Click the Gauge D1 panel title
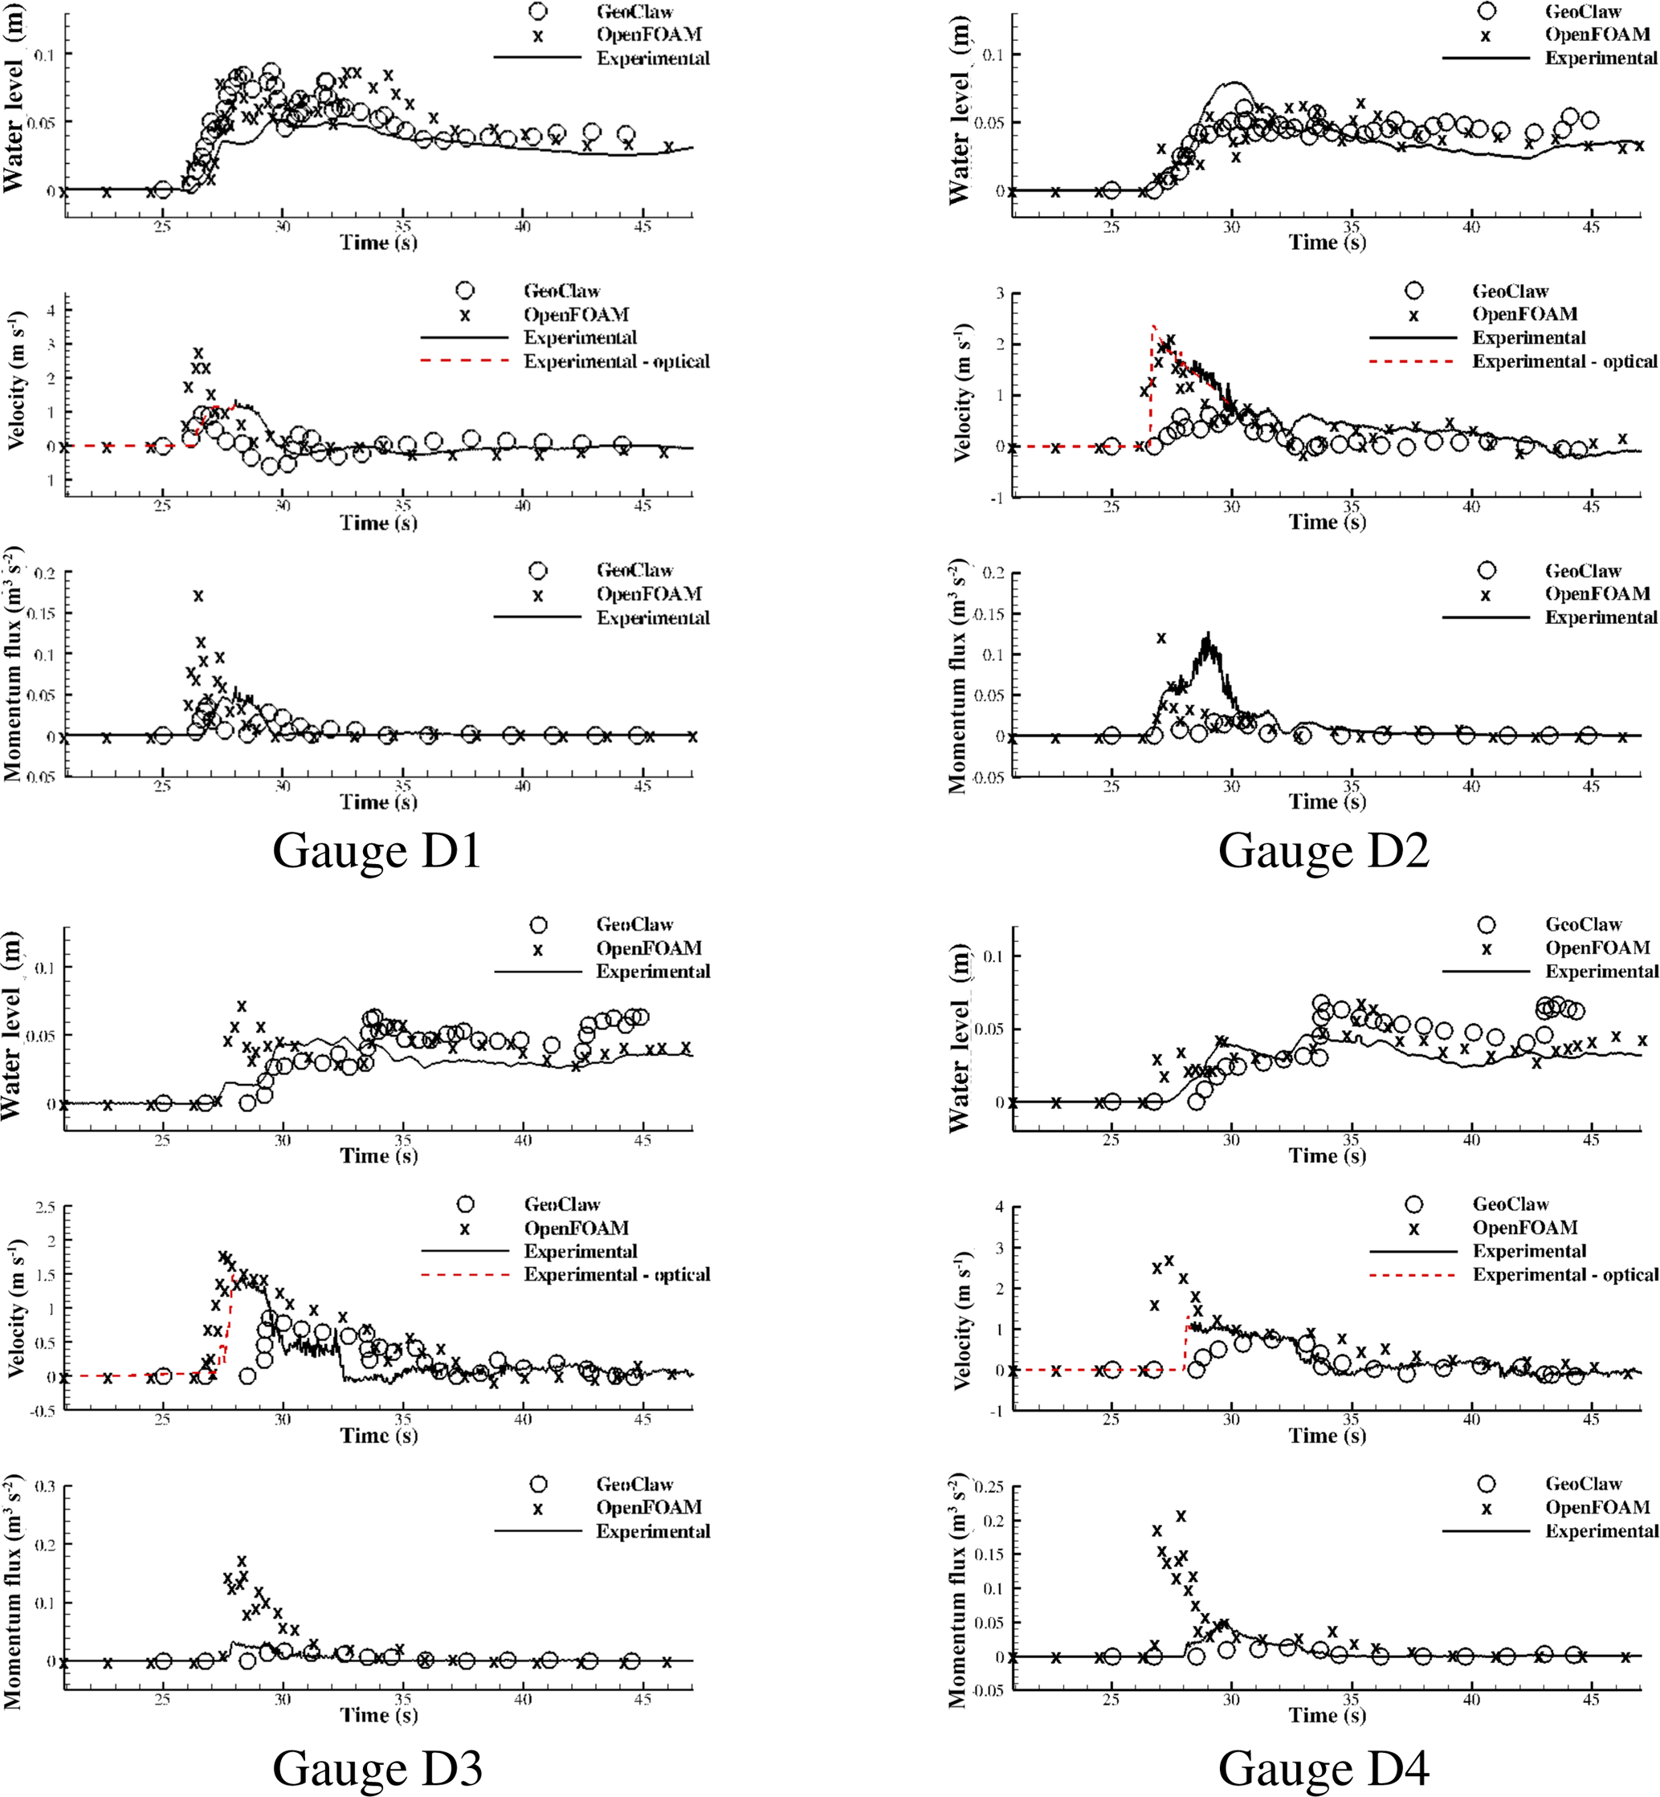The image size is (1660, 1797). click(377, 850)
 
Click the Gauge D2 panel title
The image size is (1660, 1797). click(1324, 850)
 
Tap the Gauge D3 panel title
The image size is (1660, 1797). click(377, 1768)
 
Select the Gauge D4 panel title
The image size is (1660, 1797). click(1324, 1768)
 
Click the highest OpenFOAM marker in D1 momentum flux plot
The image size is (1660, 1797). click(198, 596)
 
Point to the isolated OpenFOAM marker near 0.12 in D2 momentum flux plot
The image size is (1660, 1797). click(1160, 638)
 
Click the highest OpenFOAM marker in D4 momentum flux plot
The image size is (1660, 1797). click(1181, 1516)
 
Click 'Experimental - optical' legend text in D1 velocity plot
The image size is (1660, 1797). click(616, 362)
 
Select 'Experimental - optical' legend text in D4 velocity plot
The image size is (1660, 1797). click(1564, 1274)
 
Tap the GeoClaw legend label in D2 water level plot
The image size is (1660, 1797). click(1583, 12)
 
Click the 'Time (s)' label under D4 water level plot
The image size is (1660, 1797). click(1327, 1155)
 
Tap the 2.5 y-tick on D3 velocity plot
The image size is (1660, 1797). click(45, 1208)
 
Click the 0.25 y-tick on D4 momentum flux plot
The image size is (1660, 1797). click(988, 1487)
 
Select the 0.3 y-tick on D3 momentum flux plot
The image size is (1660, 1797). click(45, 1486)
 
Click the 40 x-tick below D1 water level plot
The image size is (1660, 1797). click(522, 227)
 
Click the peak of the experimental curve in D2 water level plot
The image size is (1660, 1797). click(1235, 83)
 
